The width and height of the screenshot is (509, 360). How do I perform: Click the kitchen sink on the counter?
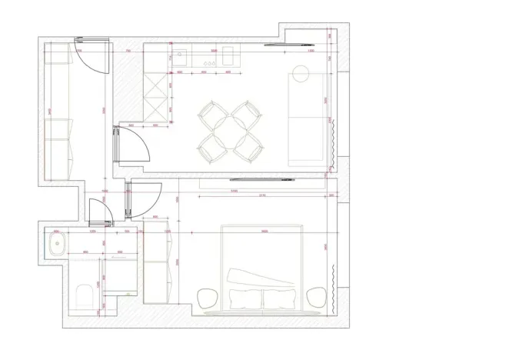click(179, 55)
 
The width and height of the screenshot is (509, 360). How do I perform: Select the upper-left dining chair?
click(210, 115)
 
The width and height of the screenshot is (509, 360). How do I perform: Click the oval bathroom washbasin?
click(56, 246)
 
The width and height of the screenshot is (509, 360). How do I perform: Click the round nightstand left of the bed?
click(207, 297)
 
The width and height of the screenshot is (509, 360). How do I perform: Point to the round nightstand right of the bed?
click(315, 297)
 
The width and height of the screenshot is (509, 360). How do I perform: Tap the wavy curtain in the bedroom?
click(332, 285)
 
